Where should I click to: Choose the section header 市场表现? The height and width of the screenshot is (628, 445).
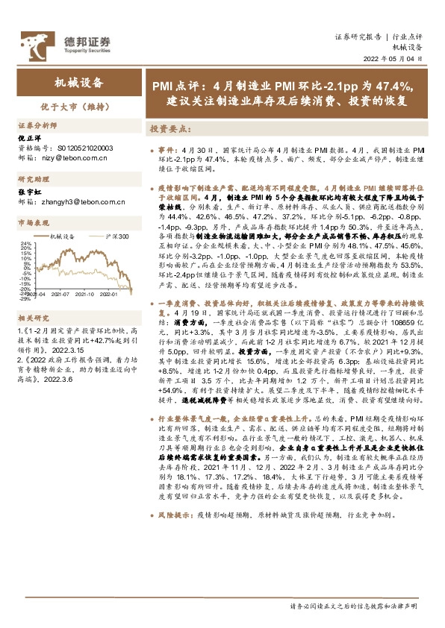pos(31,222)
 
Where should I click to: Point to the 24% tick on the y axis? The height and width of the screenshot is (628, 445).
pos(25,244)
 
